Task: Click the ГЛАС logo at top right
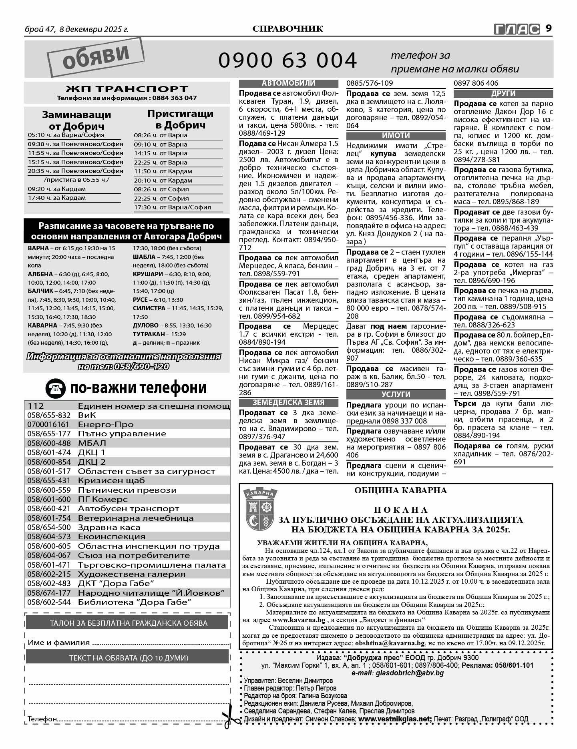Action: point(517,29)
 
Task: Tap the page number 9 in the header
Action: point(549,28)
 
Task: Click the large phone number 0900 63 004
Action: point(287,60)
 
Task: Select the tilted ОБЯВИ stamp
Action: point(95,57)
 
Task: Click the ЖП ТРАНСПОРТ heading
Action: point(127,89)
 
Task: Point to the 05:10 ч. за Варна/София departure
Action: point(66,135)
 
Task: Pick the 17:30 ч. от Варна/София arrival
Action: point(172,207)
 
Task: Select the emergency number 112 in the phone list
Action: point(36,406)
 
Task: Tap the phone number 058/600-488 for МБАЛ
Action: point(49,443)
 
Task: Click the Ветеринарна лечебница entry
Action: point(135,518)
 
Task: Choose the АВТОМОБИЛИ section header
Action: point(288,83)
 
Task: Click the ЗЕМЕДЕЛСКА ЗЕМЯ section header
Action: point(288,402)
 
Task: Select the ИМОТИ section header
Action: point(396,135)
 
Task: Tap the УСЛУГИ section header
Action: point(396,394)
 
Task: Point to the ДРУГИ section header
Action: point(503,94)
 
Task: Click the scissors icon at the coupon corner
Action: point(230,720)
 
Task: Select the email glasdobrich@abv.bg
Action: point(397,673)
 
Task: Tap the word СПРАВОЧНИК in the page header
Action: point(287,28)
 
